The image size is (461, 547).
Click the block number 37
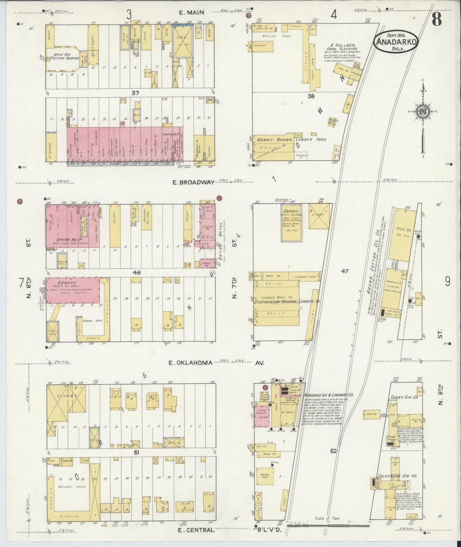tap(135, 93)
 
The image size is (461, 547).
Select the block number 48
tap(137, 273)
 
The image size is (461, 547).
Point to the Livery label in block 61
tap(68, 396)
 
